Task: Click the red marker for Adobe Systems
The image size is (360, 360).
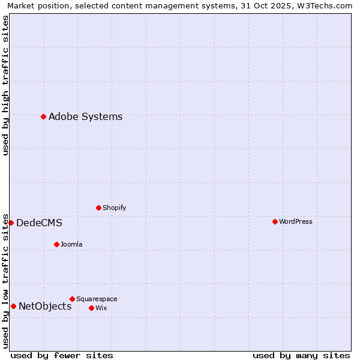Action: coord(43,116)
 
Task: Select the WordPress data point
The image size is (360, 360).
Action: coord(275,221)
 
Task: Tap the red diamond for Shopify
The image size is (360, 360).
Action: coord(98,208)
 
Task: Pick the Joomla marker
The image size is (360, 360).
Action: coord(56,244)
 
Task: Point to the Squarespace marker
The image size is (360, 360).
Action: coord(72,299)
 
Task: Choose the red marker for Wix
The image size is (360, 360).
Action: coord(91,308)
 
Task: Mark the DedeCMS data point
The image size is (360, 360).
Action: coord(11,223)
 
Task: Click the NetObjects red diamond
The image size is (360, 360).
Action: coord(13,306)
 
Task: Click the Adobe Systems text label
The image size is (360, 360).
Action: coord(85,116)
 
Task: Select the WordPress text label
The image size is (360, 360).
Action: coord(295,221)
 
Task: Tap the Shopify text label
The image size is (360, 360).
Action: coord(114,208)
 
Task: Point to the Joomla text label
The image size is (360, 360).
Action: coord(71,244)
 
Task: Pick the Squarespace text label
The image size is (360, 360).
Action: coord(97,299)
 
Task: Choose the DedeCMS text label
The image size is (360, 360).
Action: coord(39,223)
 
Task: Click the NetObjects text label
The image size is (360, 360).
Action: coord(45,306)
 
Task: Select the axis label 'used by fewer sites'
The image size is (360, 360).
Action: coord(62,355)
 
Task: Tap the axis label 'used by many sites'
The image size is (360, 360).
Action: coord(301,355)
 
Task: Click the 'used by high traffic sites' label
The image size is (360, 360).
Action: coord(5,85)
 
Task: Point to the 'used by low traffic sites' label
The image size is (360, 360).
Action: coord(5,280)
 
